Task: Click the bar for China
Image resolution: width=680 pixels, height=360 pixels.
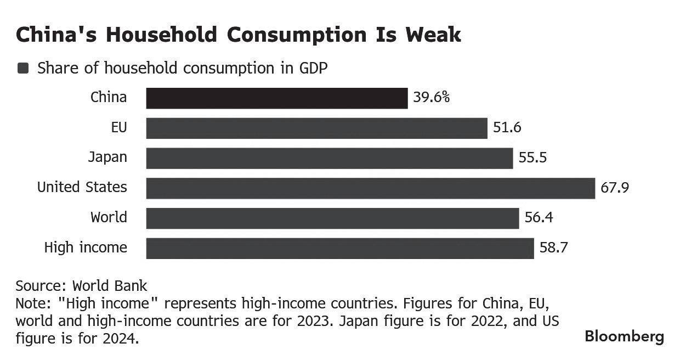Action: tap(276, 98)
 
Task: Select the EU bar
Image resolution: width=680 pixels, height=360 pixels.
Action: tap(316, 128)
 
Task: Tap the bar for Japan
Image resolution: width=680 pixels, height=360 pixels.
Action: tap(329, 158)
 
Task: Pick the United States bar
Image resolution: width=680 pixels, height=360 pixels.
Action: tap(370, 188)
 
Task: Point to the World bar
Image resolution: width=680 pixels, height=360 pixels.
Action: tap(332, 218)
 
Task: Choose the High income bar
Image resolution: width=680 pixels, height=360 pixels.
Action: tap(339, 248)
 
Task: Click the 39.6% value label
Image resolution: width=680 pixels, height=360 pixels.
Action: tap(432, 98)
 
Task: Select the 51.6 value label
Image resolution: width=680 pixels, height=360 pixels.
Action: tap(507, 128)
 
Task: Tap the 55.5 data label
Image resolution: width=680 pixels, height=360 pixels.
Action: tap(532, 158)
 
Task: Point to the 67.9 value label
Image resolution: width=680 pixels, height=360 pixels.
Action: tap(615, 188)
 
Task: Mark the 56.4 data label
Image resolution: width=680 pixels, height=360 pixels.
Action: tap(539, 218)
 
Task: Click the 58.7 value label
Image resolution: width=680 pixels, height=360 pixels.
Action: tap(553, 248)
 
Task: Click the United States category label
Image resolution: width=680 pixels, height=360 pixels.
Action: tap(82, 187)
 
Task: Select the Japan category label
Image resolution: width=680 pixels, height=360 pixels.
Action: tap(107, 157)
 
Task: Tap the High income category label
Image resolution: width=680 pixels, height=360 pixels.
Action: tap(86, 248)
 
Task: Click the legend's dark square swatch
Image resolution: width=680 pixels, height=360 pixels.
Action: tap(23, 68)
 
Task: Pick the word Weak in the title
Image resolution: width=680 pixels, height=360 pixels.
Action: tap(433, 35)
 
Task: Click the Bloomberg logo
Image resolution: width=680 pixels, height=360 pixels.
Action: tap(624, 336)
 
